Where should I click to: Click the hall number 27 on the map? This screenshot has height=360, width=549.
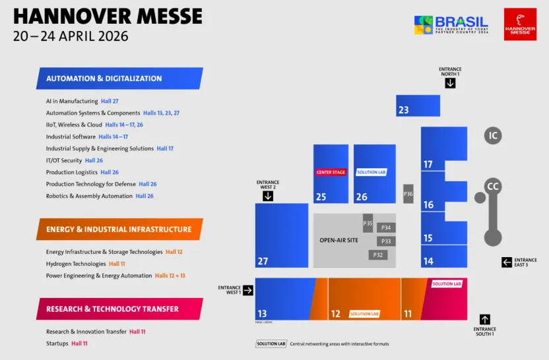[x=263, y=262]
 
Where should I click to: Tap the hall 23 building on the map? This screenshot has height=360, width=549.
[x=418, y=105]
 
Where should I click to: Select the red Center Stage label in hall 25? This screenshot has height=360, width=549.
[x=331, y=173]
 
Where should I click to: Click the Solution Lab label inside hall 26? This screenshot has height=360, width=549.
[x=371, y=173]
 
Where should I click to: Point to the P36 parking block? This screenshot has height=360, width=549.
[x=408, y=194]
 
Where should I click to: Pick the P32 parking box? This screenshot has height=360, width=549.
[x=378, y=255]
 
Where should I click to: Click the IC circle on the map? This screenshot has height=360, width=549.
[x=492, y=136]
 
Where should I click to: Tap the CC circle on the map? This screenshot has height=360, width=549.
[x=492, y=187]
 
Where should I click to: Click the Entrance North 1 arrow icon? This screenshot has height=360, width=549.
[x=450, y=83]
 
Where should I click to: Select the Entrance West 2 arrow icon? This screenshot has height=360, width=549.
[x=268, y=196]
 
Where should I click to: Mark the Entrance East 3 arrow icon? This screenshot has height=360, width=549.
[x=507, y=262]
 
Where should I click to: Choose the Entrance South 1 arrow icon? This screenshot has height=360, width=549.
[x=485, y=319]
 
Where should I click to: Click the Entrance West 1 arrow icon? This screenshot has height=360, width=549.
[x=248, y=290]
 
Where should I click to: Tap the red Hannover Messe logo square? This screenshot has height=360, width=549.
[x=520, y=24]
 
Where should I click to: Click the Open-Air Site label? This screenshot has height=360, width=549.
[x=339, y=240]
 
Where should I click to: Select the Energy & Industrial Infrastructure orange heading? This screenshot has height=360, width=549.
[x=119, y=229]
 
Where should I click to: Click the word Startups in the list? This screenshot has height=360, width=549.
[x=57, y=344]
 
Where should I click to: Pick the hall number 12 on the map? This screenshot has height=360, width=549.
[x=335, y=314]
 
